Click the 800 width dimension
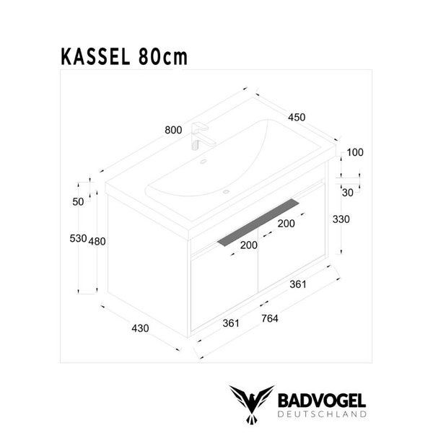[x=172, y=130]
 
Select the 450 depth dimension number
[x=297, y=117]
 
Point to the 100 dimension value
[x=354, y=152]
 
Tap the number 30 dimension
[x=347, y=192]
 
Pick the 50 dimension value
[x=78, y=202]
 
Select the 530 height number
[x=78, y=239]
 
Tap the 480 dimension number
[x=97, y=241]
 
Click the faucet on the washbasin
[x=198, y=135]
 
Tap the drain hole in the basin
[x=226, y=192]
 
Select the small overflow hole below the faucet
[x=204, y=162]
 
